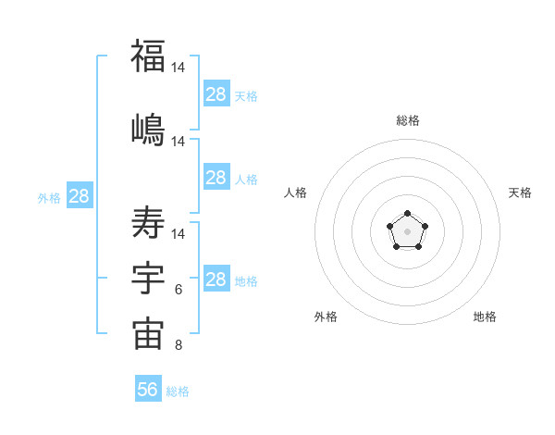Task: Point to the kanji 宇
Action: (148, 280)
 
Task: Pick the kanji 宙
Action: (148, 335)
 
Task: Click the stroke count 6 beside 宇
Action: (179, 290)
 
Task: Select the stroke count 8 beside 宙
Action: (179, 346)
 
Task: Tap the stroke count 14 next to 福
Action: (179, 68)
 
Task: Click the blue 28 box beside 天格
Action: (216, 94)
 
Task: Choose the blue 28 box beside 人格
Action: (216, 178)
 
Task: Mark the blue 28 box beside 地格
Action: (216, 280)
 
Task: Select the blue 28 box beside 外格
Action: (79, 196)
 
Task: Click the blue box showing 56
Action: (148, 390)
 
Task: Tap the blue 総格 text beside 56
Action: (178, 391)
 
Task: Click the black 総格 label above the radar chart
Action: (407, 120)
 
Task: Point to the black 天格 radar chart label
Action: (520, 193)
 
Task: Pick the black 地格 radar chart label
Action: (485, 317)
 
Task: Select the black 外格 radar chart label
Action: (326, 317)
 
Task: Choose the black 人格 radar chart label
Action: (296, 193)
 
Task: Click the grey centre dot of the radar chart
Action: (407, 231)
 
